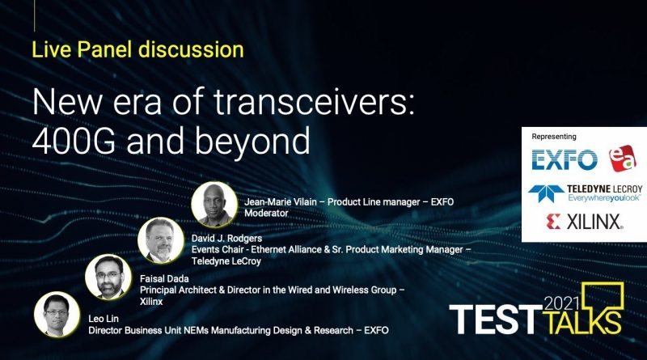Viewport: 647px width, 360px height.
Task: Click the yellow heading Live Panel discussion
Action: tap(137, 50)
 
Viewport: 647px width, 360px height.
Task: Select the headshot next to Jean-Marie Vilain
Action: tap(214, 205)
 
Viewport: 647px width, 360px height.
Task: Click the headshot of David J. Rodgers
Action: tap(161, 241)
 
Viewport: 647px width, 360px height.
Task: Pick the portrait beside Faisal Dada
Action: tap(108, 277)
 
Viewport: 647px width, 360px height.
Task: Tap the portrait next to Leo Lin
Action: tap(57, 315)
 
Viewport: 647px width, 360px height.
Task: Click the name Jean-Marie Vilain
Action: tap(281, 202)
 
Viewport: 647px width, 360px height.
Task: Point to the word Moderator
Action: tap(266, 214)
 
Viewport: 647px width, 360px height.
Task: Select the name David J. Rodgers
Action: tap(226, 238)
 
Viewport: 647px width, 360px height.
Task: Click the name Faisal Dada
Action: tap(164, 278)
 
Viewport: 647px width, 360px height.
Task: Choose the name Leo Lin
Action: tap(104, 319)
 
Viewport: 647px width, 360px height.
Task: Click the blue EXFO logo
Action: tap(564, 159)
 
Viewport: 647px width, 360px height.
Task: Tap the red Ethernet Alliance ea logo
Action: tap(623, 158)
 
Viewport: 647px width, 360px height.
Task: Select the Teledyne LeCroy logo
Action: tap(585, 193)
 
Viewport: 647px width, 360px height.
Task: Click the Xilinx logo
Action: tap(584, 222)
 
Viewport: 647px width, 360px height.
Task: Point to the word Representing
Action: tap(554, 137)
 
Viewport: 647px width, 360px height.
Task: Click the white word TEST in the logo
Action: tap(496, 320)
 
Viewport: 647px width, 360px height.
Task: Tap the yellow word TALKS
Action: tap(582, 321)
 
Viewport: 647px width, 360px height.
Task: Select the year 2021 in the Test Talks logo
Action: tap(562, 304)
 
